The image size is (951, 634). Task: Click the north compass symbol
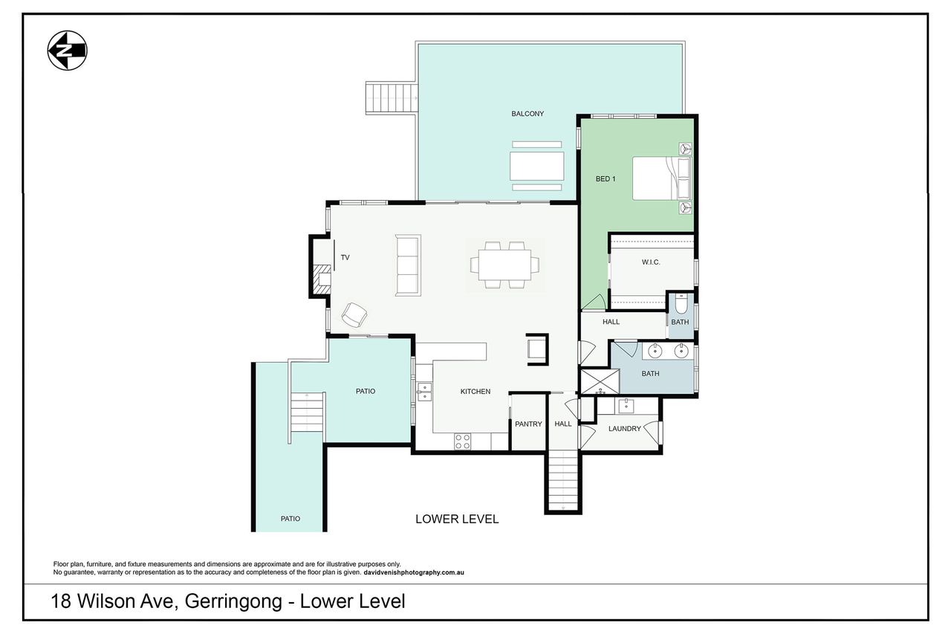point(67,51)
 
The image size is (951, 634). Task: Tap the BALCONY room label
point(528,114)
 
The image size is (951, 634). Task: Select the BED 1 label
point(606,179)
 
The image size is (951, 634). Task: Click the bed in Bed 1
point(661,178)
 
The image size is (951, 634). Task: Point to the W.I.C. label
point(651,262)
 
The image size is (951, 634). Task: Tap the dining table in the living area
point(504,265)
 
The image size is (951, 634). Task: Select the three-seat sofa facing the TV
point(408,265)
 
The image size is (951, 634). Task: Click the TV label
point(345,258)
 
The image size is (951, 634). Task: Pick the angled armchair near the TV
point(354,314)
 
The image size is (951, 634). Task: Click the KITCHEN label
point(475,392)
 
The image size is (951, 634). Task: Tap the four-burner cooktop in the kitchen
point(462,441)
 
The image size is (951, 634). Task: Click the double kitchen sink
point(424,392)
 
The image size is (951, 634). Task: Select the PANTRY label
point(528,424)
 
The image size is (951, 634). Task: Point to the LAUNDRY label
point(625,429)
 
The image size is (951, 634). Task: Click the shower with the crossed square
point(600,381)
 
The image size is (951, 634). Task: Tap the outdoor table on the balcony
point(537,166)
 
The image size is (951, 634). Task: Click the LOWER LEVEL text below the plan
point(457,519)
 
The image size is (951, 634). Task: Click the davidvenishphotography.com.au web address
point(414,572)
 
